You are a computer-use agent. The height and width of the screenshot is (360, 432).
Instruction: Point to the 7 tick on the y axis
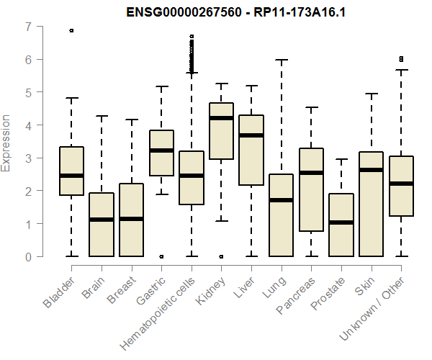click(28, 27)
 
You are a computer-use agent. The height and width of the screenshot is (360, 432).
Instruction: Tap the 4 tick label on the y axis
click(28, 125)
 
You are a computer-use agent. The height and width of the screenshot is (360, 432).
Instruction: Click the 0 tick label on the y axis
click(28, 257)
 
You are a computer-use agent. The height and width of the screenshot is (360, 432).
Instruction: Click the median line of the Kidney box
click(221, 118)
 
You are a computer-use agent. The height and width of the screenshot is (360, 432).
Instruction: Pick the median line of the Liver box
click(251, 135)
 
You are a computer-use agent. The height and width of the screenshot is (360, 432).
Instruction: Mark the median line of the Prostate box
click(341, 222)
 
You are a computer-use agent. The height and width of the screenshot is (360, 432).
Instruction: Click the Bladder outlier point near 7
click(71, 30)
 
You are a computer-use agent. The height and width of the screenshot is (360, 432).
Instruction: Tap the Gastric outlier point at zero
click(161, 256)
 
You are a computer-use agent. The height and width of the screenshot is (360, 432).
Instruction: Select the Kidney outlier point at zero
click(221, 256)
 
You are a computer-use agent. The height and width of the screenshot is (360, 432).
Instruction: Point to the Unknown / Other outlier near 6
click(402, 59)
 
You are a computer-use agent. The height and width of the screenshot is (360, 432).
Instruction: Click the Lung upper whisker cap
click(282, 60)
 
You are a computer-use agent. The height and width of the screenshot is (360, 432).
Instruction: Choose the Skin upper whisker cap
click(372, 94)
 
